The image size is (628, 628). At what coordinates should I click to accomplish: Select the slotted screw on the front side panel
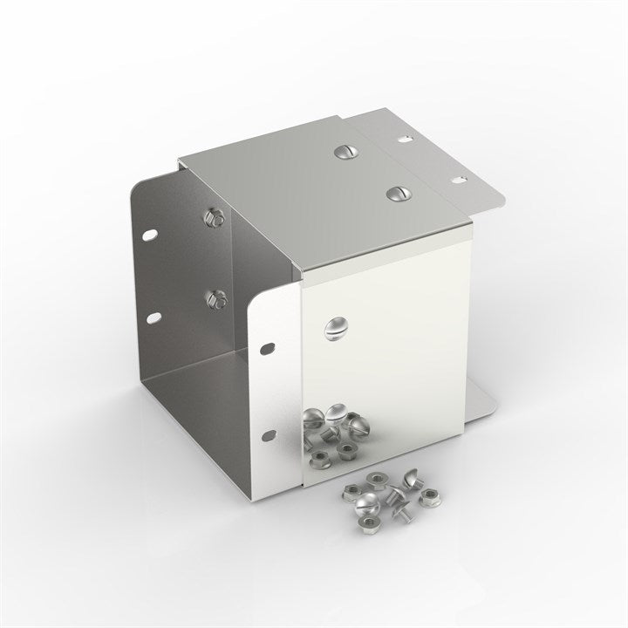(335, 330)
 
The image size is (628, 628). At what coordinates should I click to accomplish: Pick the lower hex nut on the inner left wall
(213, 300)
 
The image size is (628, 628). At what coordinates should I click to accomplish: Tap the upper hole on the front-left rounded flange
(267, 351)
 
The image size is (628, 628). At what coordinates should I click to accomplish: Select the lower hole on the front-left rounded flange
(271, 433)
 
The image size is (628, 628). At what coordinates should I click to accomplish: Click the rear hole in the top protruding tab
(405, 138)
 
